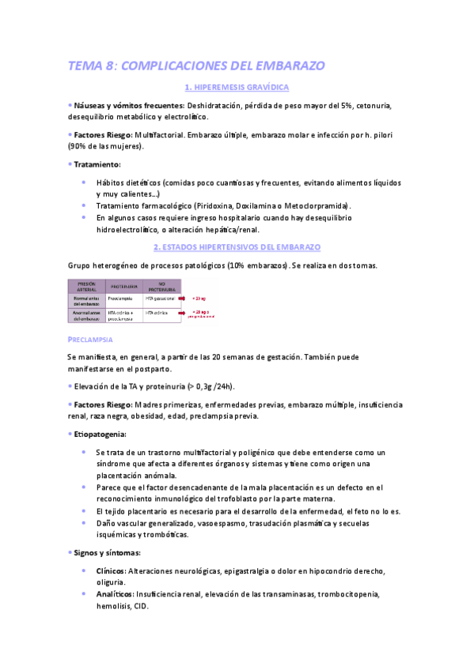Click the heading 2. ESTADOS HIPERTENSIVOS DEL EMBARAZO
pyautogui.click(x=236, y=247)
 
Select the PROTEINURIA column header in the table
pyautogui.click(x=124, y=286)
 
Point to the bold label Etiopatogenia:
pyautogui.click(x=100, y=434)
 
